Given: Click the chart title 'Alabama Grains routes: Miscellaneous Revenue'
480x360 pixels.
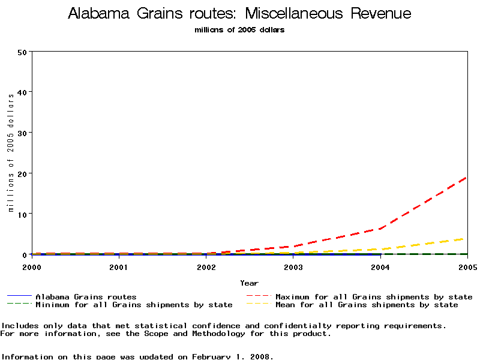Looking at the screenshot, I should tap(239, 14).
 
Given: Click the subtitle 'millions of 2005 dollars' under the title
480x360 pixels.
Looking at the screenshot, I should tap(239, 30).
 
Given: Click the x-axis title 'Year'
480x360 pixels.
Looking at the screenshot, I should tap(249, 283).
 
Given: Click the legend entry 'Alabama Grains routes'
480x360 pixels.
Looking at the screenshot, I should tap(86, 297).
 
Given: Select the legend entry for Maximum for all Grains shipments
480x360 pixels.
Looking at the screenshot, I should tap(373, 297).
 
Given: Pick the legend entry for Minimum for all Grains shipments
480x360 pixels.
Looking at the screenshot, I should tap(133, 305).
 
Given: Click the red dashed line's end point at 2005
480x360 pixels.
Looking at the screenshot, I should tap(467, 178).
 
